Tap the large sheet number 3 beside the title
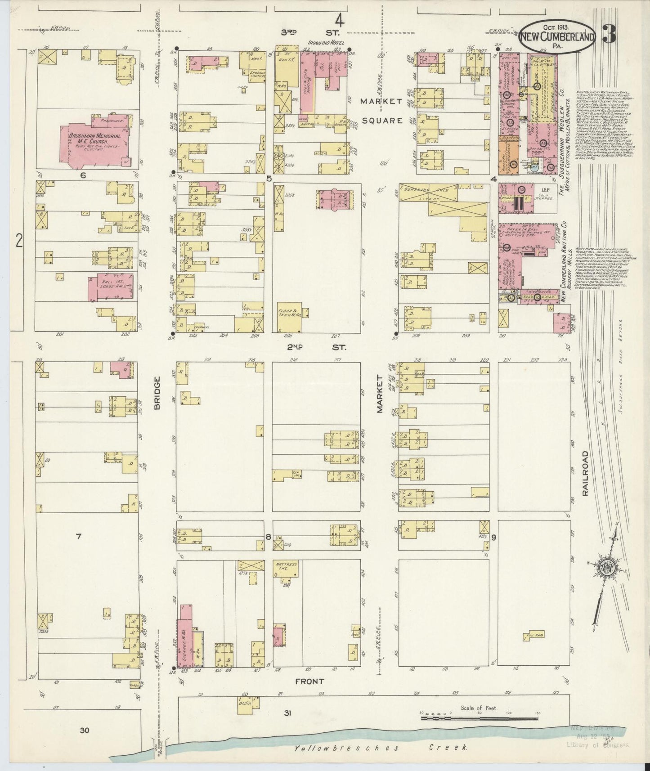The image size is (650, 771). click(x=610, y=35)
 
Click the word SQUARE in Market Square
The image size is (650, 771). click(x=381, y=121)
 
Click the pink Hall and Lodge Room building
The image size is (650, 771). click(x=110, y=287)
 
